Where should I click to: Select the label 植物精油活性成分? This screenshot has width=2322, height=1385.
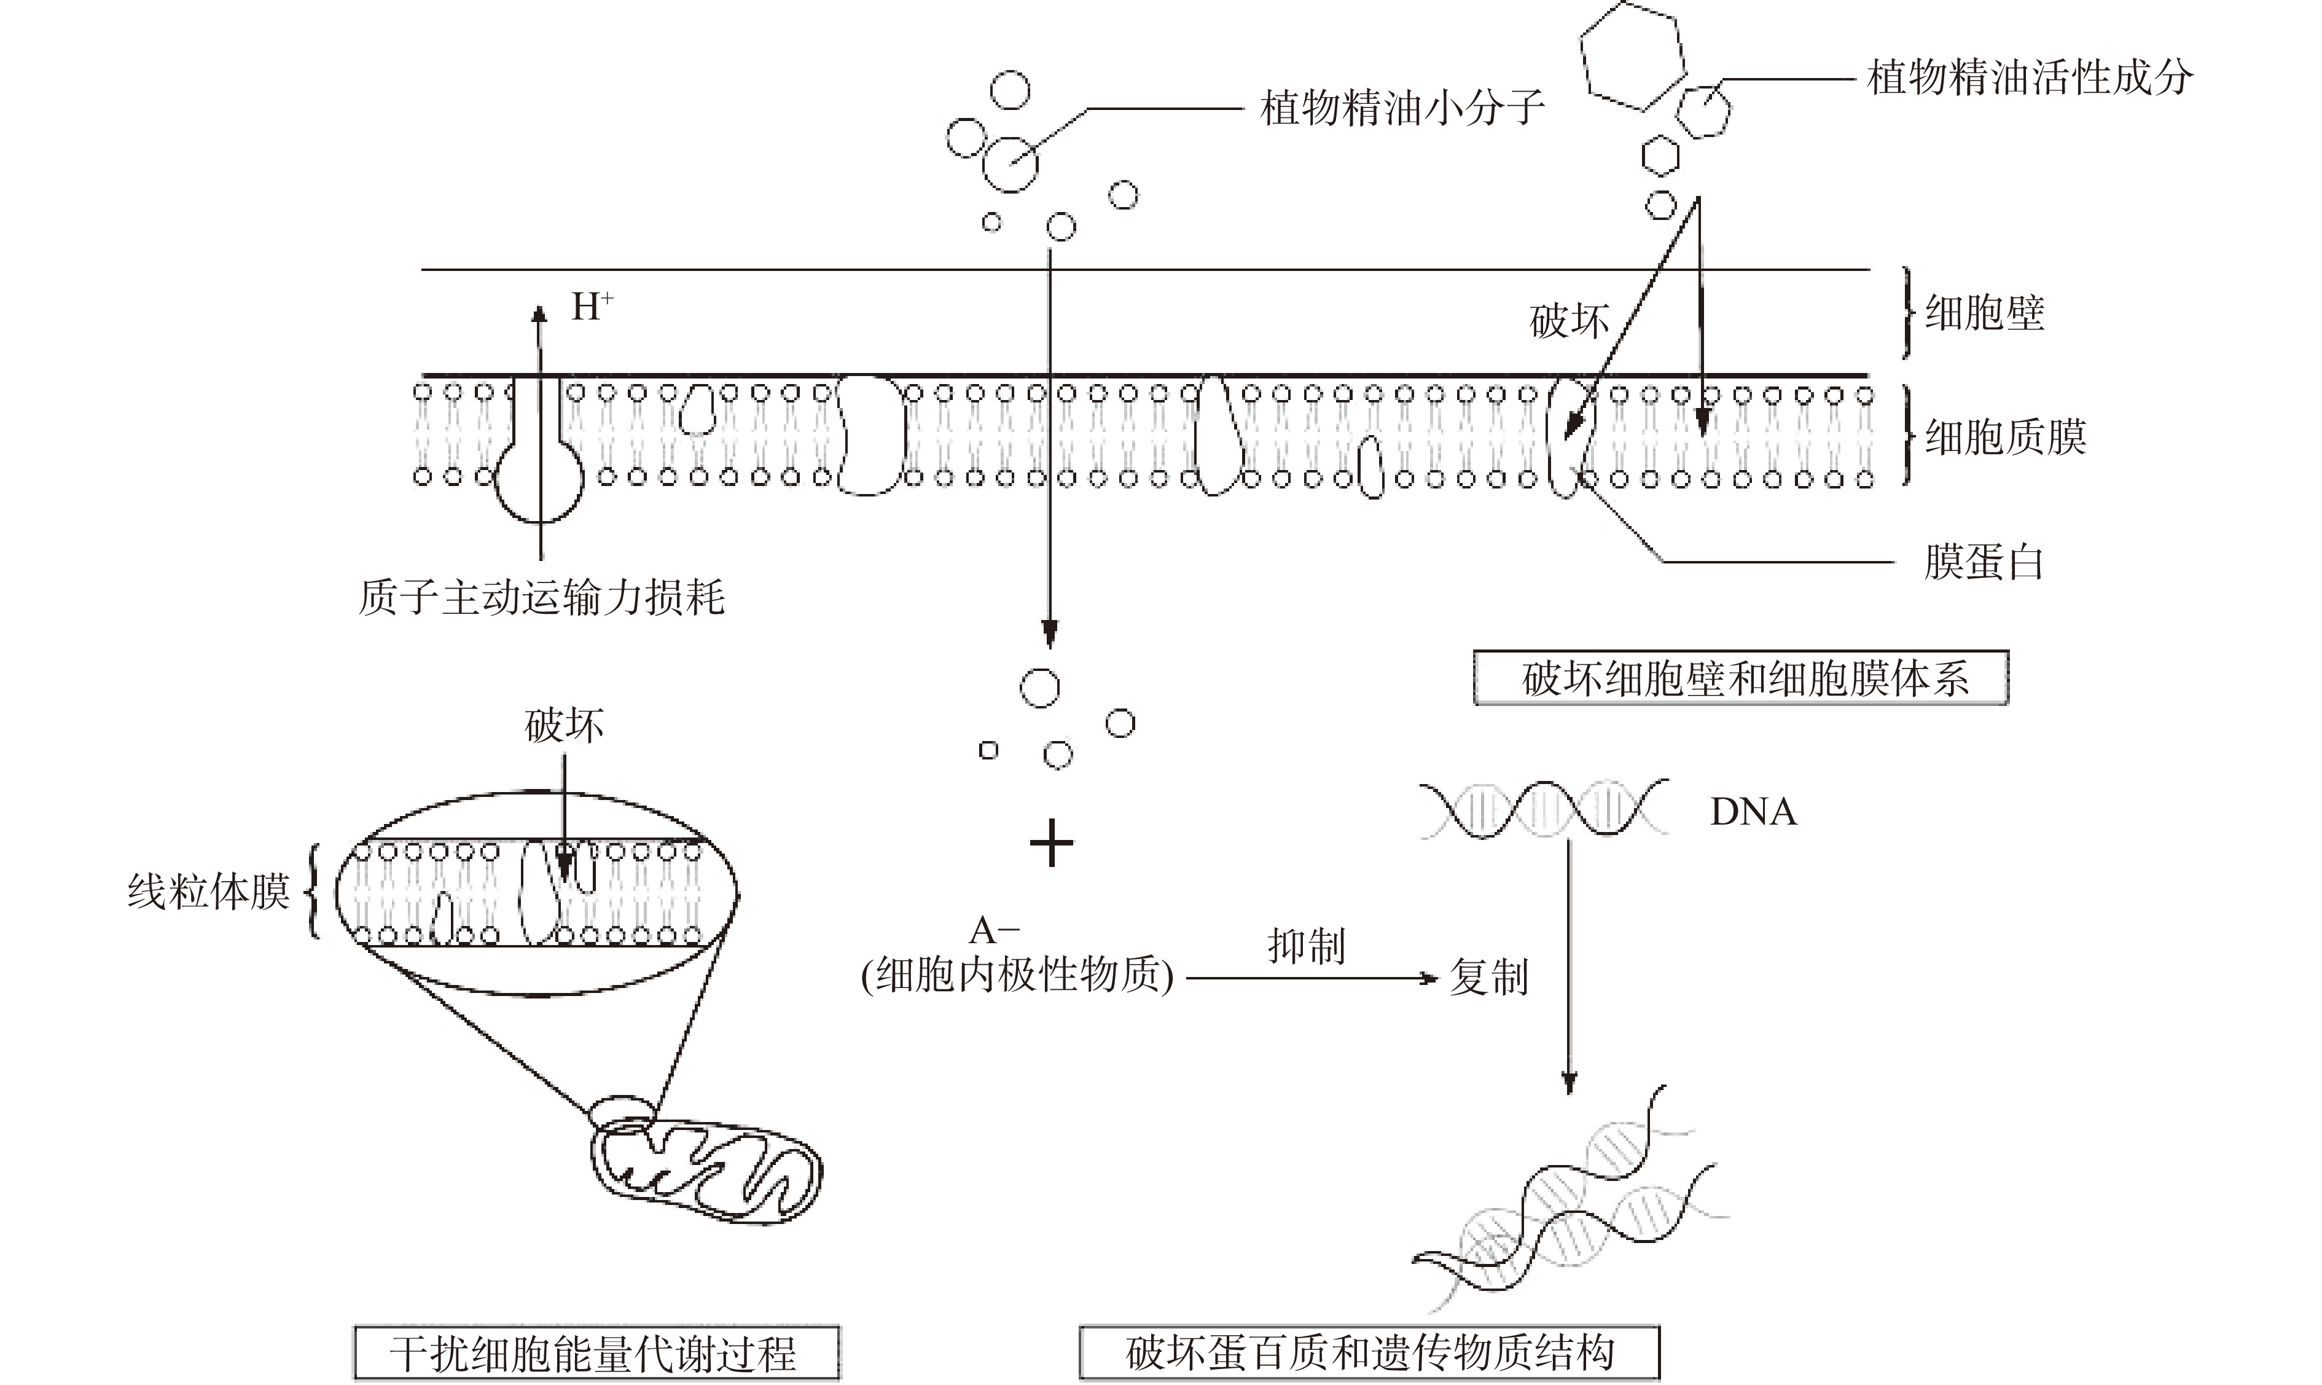[x=2030, y=77]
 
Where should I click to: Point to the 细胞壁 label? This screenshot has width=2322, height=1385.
[x=1984, y=313]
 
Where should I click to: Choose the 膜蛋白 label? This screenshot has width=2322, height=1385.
[x=1984, y=563]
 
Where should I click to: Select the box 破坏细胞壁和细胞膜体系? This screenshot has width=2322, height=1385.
[x=1741, y=678]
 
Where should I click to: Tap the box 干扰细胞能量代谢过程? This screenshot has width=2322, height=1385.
[x=596, y=1353]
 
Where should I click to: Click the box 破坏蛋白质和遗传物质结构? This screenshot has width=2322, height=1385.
[x=1369, y=1353]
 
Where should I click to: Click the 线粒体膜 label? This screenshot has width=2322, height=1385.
[x=208, y=892]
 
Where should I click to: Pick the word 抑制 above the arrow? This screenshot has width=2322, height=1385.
[x=1306, y=946]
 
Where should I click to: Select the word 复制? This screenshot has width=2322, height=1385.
[x=1489, y=978]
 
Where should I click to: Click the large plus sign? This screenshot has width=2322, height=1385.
[x=1052, y=843]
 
